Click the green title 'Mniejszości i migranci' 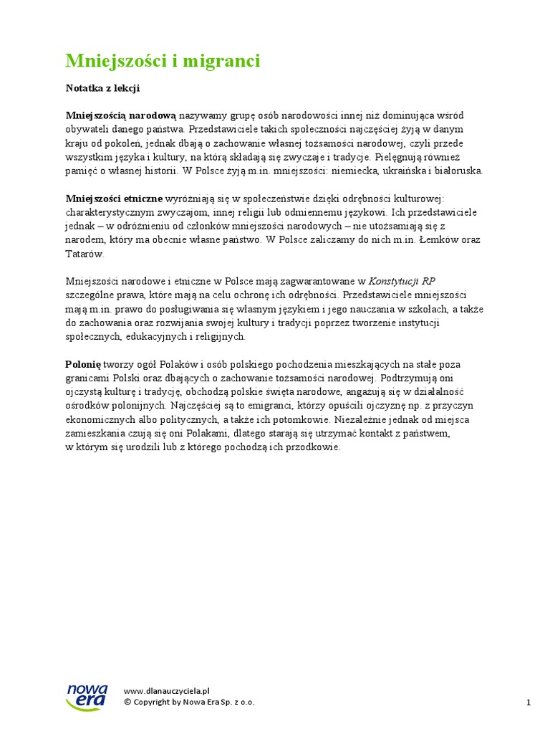click(x=163, y=62)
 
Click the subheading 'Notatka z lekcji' click(x=102, y=88)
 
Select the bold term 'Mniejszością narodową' click(x=121, y=115)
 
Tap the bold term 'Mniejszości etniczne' click(x=115, y=199)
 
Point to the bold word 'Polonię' click(x=84, y=364)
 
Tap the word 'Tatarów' click(x=85, y=254)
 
